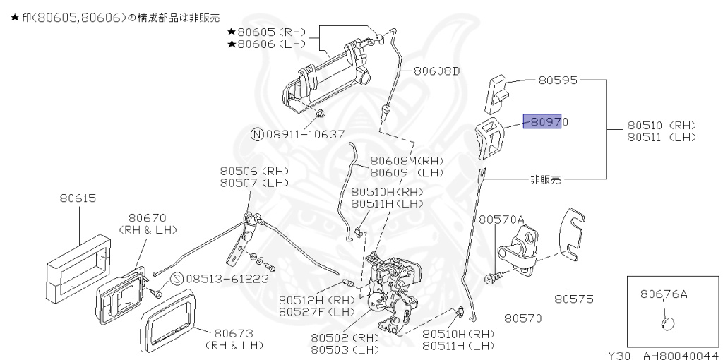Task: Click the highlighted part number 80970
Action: tap(545, 122)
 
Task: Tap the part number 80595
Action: tap(559, 80)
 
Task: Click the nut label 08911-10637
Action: tap(305, 133)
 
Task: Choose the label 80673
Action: tap(234, 332)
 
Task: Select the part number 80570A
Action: tap(501, 220)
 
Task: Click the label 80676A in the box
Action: tap(664, 293)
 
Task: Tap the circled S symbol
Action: tap(177, 278)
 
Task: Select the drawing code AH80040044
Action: tap(681, 355)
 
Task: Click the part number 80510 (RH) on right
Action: tap(661, 126)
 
